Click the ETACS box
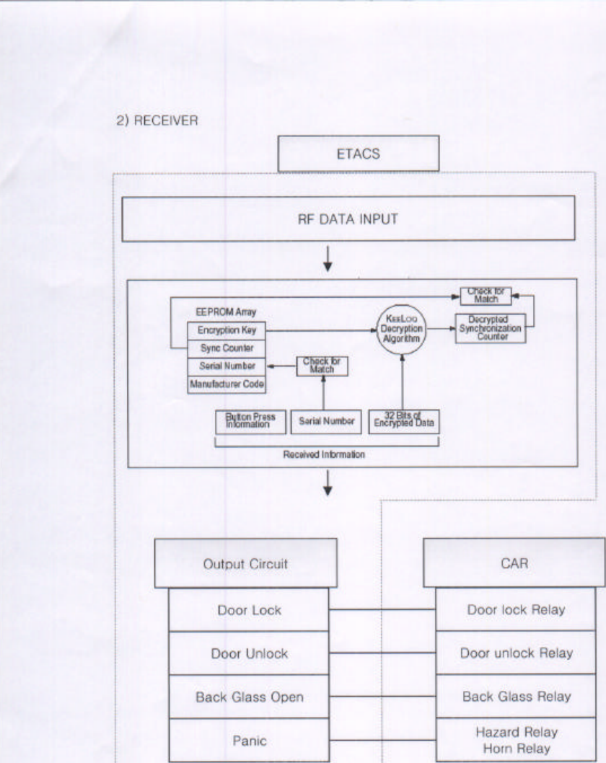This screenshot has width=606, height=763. [358, 154]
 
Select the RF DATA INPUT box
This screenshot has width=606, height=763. [348, 219]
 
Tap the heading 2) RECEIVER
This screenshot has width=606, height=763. [157, 121]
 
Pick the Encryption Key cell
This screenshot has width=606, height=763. [227, 330]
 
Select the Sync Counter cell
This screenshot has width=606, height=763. [227, 348]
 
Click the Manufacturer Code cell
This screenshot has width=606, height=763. [227, 384]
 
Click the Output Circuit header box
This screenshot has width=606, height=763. [245, 563]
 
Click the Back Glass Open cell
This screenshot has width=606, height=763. [250, 697]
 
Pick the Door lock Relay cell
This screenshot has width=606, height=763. [516, 610]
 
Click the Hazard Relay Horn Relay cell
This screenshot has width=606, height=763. [516, 740]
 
